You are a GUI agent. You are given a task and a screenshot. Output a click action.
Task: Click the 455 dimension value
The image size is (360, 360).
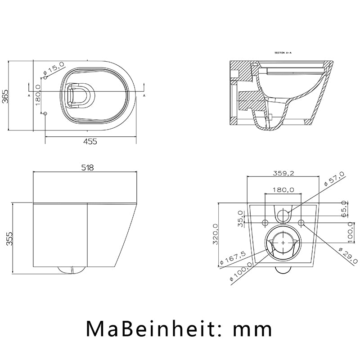coord(90,142)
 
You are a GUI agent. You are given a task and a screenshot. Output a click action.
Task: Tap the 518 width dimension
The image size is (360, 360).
coord(87,168)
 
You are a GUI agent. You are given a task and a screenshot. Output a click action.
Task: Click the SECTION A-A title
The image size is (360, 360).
coord(283,53)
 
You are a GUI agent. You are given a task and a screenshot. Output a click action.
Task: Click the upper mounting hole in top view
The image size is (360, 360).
coord(45,77)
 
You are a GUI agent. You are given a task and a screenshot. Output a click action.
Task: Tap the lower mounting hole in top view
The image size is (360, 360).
coord(45,113)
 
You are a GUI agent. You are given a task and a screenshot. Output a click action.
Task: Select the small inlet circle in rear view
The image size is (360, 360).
coord(283,216)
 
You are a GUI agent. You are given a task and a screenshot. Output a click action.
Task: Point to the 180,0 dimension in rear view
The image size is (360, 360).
coord(283,190)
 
